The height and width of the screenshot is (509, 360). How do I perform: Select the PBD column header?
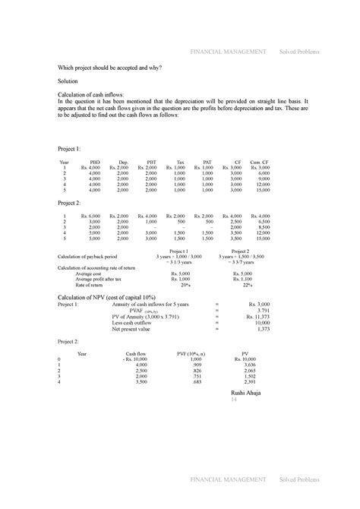[x=95, y=161]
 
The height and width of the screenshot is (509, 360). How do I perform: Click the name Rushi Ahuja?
[x=245, y=393]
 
